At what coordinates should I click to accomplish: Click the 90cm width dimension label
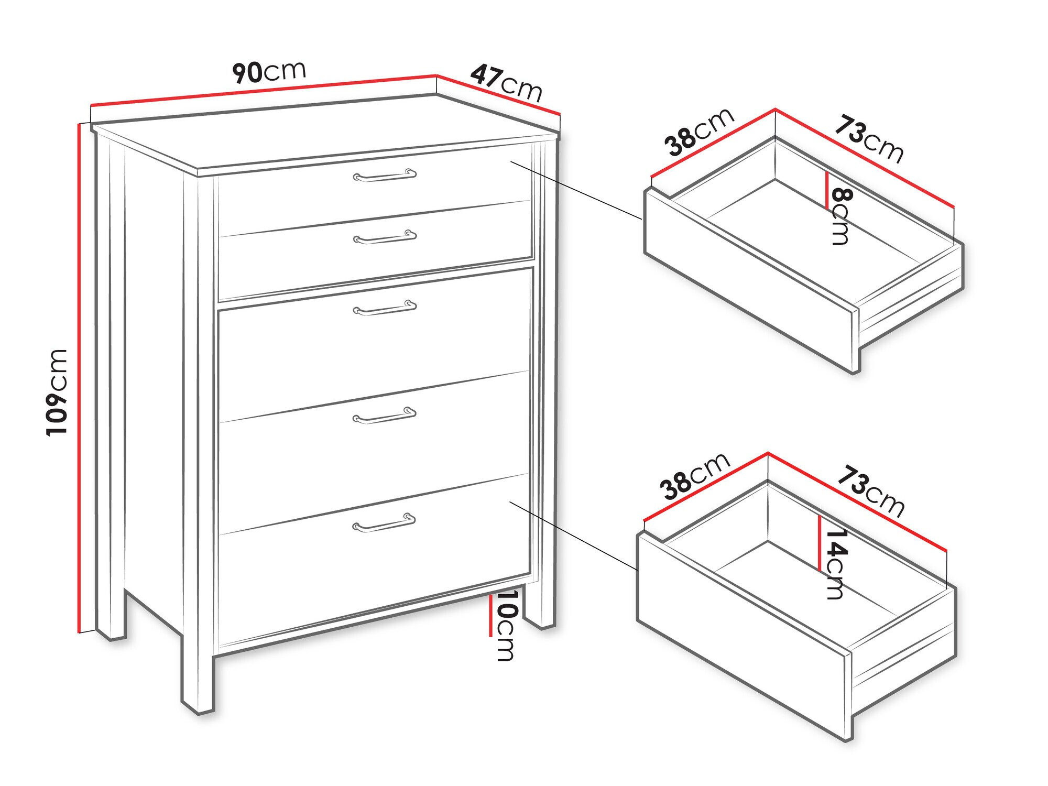(x=269, y=72)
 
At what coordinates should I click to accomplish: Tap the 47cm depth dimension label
(x=506, y=83)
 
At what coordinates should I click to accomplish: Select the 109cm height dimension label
(x=57, y=392)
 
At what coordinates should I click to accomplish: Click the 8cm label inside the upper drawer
(x=840, y=216)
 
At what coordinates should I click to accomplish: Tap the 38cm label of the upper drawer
(x=699, y=132)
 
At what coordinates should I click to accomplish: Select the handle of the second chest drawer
(x=385, y=237)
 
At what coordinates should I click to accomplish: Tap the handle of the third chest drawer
(x=385, y=308)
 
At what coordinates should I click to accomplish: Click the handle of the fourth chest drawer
(x=385, y=416)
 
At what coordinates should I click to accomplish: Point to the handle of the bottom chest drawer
(x=384, y=523)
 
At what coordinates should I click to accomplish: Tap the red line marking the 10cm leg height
(x=490, y=616)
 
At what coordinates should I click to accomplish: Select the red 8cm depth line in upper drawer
(x=827, y=191)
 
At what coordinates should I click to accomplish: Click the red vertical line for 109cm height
(x=79, y=378)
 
